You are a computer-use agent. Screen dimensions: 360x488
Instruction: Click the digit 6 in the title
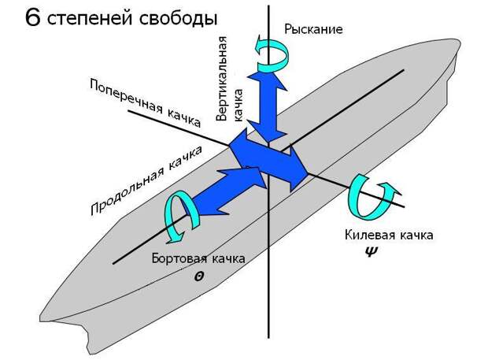tap(32, 17)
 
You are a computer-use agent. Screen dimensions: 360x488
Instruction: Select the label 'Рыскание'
tap(313, 30)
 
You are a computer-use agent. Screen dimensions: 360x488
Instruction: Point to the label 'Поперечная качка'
tap(146, 102)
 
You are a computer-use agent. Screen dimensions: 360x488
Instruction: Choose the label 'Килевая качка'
tap(388, 236)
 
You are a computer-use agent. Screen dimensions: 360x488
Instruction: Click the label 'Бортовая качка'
tap(198, 258)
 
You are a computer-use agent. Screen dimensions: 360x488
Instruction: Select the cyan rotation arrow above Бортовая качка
tap(177, 216)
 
